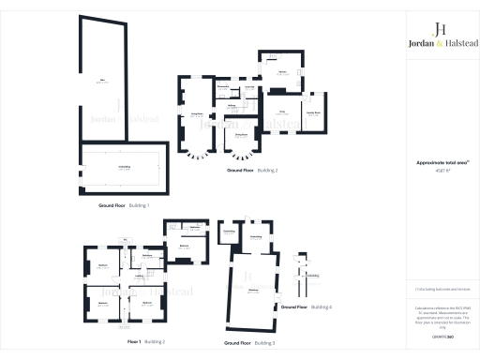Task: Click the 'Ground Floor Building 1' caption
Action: (123, 204)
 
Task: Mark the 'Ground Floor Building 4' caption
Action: (306, 307)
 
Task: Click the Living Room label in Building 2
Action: (198, 113)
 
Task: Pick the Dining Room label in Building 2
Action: (241, 136)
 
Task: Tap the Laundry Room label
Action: (313, 111)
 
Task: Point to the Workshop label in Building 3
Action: (252, 291)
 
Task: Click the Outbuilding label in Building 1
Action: (123, 167)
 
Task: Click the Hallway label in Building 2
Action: (231, 106)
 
